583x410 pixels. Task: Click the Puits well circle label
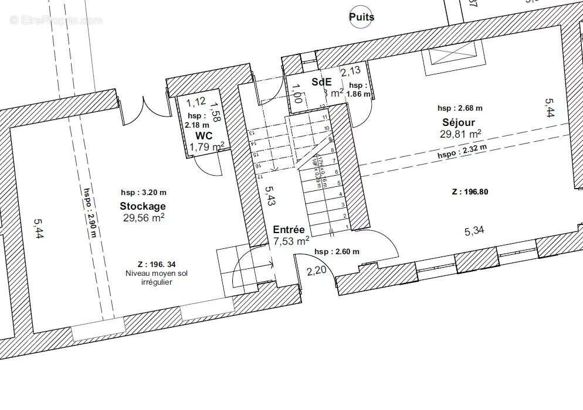(361, 17)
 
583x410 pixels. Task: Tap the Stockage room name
(143, 206)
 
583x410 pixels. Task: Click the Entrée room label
(289, 230)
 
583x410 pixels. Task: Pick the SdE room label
(321, 81)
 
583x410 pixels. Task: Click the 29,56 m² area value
(144, 217)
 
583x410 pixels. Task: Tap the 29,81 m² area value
(460, 134)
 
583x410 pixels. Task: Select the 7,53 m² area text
(291, 241)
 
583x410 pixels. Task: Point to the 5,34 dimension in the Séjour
(474, 231)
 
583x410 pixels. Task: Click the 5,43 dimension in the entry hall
(269, 196)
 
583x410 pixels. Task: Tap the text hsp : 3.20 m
(143, 192)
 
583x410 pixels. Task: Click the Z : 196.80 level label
(470, 192)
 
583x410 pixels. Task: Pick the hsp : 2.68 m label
(460, 108)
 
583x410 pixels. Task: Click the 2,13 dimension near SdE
(351, 72)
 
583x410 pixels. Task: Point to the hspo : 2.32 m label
(462, 152)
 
